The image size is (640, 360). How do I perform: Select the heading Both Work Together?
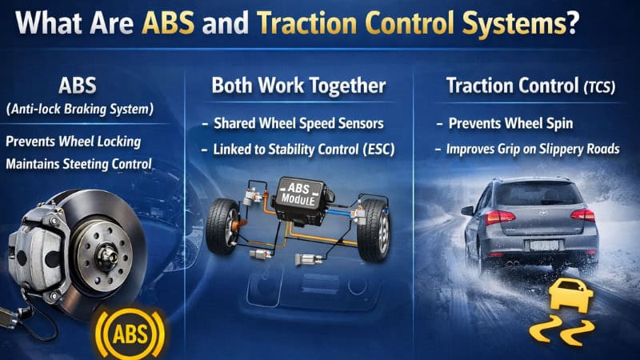[298, 86]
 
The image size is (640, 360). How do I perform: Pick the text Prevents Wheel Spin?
[496, 124]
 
